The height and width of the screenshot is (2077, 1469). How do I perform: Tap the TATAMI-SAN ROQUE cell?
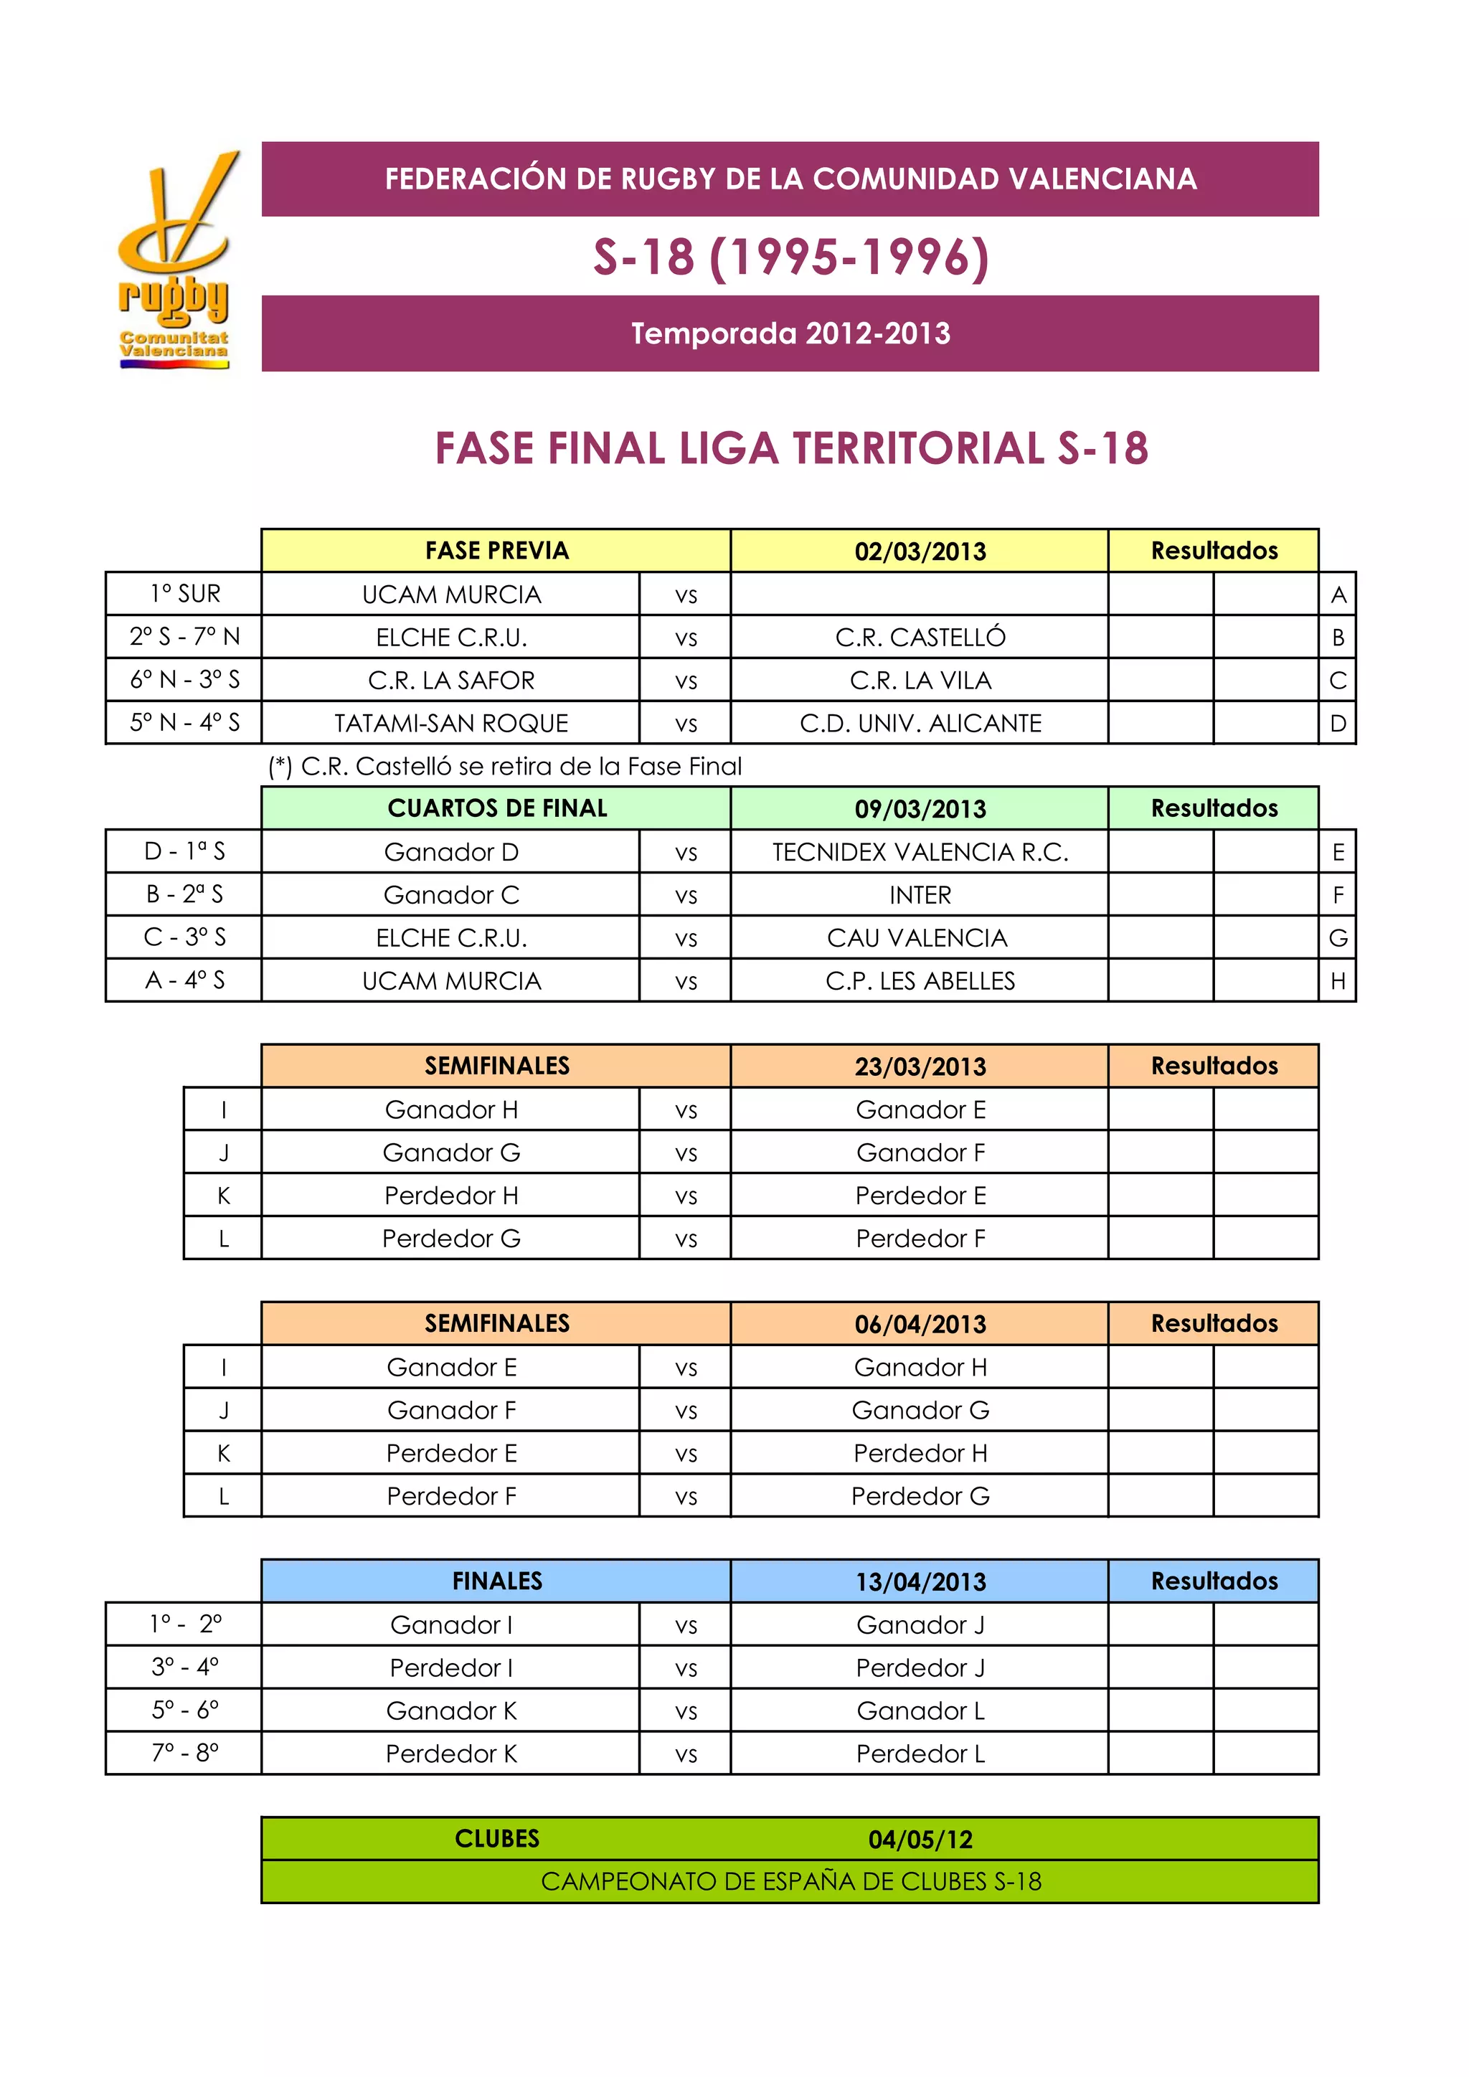(x=450, y=724)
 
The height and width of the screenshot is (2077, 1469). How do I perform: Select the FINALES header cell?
(x=496, y=1581)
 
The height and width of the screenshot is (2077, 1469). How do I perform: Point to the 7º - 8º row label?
(x=184, y=1753)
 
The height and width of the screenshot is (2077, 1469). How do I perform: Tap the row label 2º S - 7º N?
(x=184, y=637)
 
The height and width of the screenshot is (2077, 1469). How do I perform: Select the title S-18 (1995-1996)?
(x=790, y=257)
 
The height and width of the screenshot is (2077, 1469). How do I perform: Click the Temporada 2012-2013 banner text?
(x=790, y=333)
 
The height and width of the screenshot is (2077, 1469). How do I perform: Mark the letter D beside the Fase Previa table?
(x=1338, y=724)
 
